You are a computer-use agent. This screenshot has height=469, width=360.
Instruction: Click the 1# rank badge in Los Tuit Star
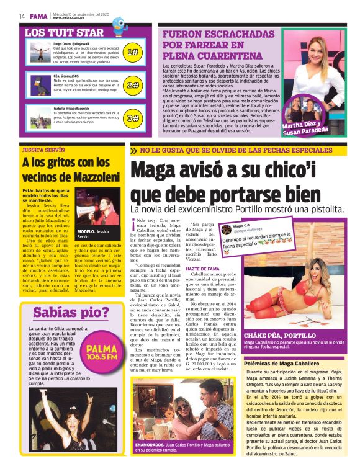tap(132, 53)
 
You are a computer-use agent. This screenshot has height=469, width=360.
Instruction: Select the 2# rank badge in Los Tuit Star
tap(132, 85)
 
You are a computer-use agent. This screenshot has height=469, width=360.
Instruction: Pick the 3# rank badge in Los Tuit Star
tap(132, 118)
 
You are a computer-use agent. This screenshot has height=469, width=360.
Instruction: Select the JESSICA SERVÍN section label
tap(43, 150)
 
